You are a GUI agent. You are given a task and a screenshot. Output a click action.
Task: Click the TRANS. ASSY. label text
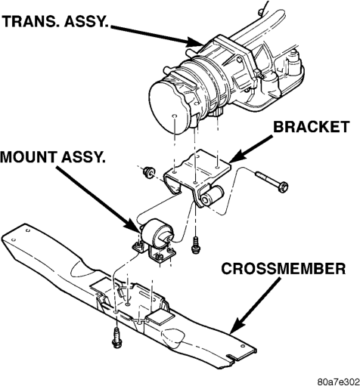click(x=55, y=21)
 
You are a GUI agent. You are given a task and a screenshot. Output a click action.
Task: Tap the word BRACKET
click(x=312, y=127)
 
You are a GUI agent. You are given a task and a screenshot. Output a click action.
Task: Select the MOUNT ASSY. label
click(x=53, y=157)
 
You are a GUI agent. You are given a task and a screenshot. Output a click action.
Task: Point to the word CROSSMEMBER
click(x=284, y=269)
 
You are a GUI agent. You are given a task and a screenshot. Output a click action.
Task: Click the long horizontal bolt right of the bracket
click(x=272, y=181)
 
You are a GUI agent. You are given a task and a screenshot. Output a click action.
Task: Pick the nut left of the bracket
click(x=148, y=172)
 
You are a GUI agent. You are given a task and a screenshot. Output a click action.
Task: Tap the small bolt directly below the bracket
click(x=196, y=245)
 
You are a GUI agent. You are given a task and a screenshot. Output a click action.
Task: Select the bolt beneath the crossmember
click(x=116, y=338)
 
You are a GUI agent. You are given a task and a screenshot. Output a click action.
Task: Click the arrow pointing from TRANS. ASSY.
click(x=157, y=36)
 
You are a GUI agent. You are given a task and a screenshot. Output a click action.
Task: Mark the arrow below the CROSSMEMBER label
click(x=255, y=305)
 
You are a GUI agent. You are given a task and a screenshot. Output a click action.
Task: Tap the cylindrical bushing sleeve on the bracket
click(x=211, y=196)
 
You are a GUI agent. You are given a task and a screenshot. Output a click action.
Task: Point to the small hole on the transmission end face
click(x=174, y=116)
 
